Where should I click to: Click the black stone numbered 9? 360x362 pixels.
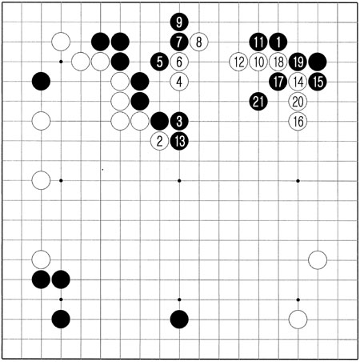(179, 22)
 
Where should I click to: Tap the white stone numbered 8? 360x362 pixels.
(199, 42)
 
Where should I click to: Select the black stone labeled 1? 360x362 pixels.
(278, 42)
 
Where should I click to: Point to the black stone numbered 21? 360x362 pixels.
(258, 102)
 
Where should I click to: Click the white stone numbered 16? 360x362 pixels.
(298, 121)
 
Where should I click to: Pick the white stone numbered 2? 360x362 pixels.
(159, 141)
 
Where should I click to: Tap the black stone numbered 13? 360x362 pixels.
(179, 141)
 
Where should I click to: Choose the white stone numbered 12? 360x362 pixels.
(238, 62)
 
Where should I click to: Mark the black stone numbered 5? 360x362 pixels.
(159, 62)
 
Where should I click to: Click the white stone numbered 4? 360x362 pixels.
(179, 82)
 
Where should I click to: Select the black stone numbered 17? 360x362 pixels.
(278, 82)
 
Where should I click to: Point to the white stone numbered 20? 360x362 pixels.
(298, 102)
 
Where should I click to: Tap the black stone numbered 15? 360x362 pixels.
(318, 82)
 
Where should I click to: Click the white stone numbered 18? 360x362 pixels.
(278, 62)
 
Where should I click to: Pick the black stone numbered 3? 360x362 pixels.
(179, 121)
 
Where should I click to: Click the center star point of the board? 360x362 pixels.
(179, 181)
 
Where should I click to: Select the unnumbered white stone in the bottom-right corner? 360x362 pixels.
(298, 320)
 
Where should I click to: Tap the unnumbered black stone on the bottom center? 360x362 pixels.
(179, 320)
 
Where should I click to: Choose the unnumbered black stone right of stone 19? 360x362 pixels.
(318, 62)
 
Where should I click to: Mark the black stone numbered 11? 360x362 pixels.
(258, 42)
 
